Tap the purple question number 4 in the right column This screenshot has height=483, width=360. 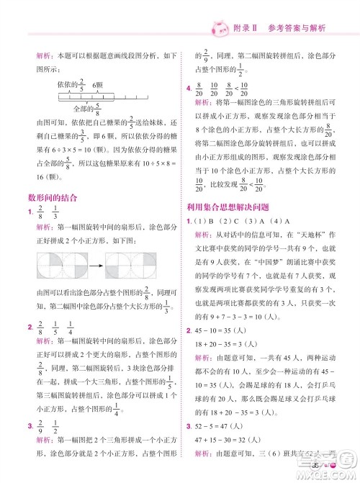pos(189,84)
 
